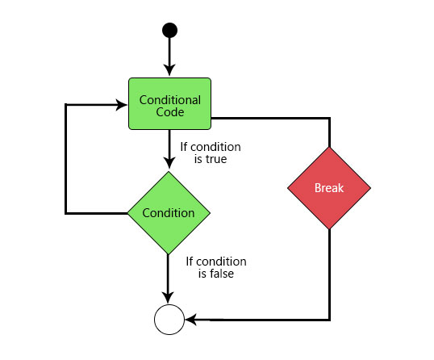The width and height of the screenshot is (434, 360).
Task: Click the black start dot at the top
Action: point(169,31)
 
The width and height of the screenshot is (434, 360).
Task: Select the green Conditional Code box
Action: point(169,103)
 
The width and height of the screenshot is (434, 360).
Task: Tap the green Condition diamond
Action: point(169,213)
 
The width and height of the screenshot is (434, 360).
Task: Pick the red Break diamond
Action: point(329,188)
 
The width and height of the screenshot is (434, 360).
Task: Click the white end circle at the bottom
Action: point(169,320)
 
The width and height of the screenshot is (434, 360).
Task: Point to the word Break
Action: point(329,188)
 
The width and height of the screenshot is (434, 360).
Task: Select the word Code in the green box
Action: point(170,112)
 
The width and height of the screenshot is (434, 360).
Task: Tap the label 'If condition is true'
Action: point(211,153)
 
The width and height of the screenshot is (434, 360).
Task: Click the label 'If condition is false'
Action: point(216,267)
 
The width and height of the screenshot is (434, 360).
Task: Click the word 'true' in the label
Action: point(215,160)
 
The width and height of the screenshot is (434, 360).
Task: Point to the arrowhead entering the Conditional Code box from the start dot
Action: point(169,71)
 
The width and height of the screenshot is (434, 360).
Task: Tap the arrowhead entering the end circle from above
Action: point(169,299)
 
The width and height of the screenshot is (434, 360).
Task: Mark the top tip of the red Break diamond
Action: point(329,148)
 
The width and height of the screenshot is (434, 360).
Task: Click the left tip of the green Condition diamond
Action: point(128,213)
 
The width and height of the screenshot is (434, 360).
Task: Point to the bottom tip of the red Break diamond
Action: point(329,229)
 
